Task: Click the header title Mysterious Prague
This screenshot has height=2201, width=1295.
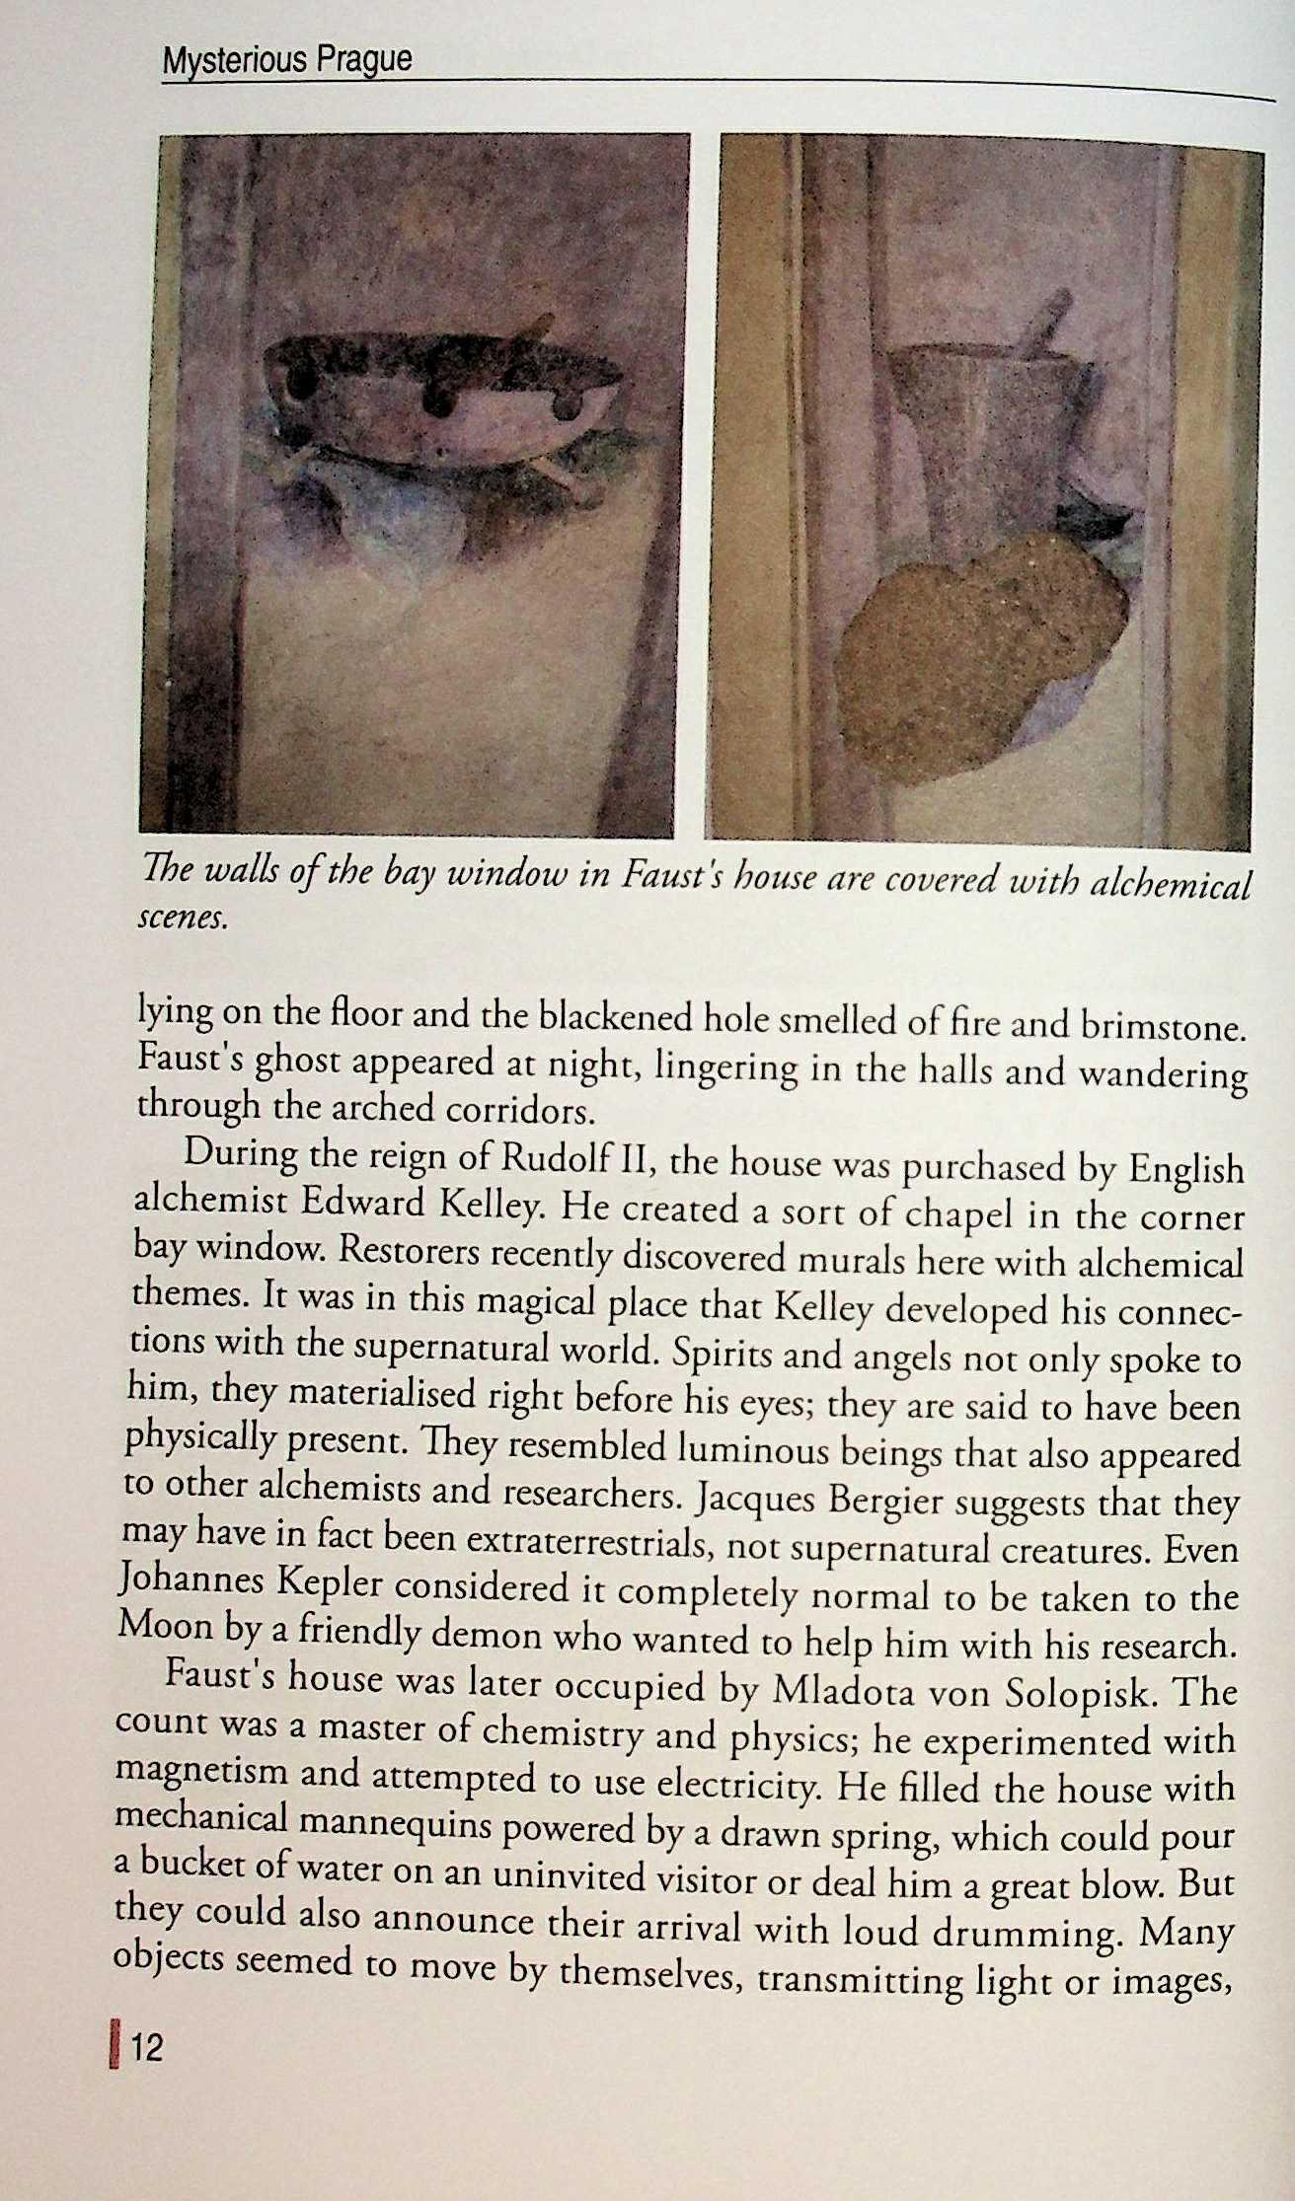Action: point(286,61)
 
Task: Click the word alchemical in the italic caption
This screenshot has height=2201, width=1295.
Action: point(1170,885)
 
